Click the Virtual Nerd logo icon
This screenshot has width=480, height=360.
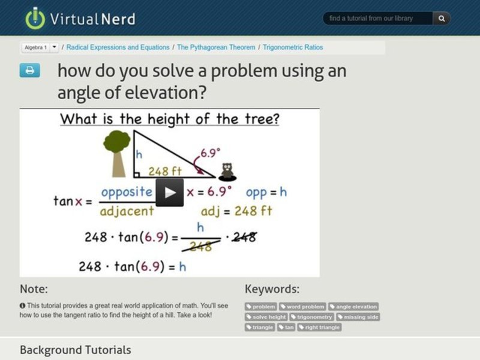click(35, 18)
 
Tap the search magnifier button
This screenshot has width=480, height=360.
click(442, 19)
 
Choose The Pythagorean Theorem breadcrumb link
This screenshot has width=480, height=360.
click(216, 47)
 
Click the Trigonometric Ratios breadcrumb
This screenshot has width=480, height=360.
click(293, 47)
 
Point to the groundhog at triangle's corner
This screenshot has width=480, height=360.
click(227, 172)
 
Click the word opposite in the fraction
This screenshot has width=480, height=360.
click(127, 193)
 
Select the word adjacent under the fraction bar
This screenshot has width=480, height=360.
click(127, 211)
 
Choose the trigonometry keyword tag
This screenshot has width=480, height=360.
click(311, 317)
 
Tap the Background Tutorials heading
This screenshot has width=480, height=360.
click(75, 349)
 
